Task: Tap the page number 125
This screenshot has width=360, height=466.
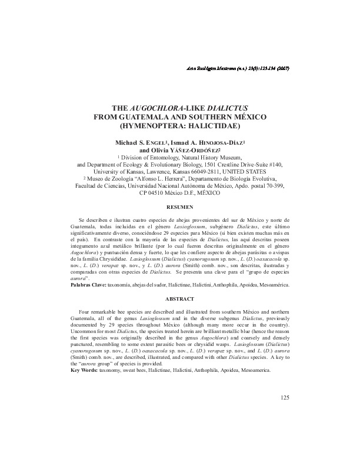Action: click(285, 398)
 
